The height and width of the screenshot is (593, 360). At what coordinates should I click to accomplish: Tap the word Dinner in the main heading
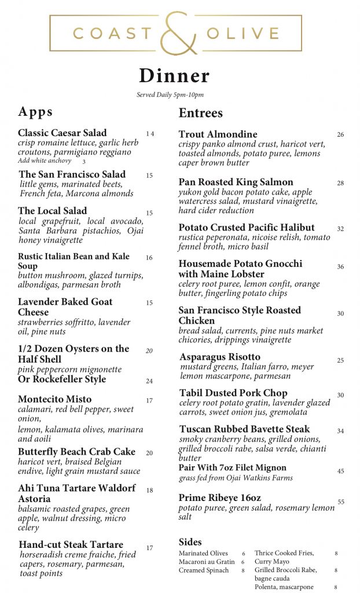[174, 76]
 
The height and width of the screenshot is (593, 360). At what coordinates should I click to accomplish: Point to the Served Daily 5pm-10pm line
[170, 95]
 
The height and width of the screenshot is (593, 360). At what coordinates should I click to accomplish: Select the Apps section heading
[35, 112]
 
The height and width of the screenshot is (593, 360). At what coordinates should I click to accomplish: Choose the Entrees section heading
[200, 113]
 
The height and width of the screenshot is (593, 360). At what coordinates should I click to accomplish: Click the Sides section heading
[190, 542]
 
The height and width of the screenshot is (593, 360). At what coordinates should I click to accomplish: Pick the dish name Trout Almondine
[218, 134]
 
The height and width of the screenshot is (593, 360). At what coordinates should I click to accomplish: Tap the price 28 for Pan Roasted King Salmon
[340, 183]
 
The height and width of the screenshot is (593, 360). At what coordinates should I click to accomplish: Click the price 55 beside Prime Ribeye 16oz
[341, 502]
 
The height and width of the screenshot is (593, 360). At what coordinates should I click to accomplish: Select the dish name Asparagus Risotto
[220, 357]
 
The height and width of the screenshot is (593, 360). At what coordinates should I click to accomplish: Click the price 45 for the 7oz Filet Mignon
[340, 471]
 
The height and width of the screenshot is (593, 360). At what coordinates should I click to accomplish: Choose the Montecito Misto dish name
[54, 400]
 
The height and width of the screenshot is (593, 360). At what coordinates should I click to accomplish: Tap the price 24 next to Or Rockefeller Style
[149, 381]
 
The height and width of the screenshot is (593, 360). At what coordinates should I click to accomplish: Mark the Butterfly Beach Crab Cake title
[76, 452]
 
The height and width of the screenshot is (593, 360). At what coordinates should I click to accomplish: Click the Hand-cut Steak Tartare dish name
[71, 545]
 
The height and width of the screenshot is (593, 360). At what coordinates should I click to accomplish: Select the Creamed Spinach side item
[204, 570]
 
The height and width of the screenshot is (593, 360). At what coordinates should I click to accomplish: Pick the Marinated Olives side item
[203, 554]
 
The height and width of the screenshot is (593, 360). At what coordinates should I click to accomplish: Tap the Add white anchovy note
[45, 161]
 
